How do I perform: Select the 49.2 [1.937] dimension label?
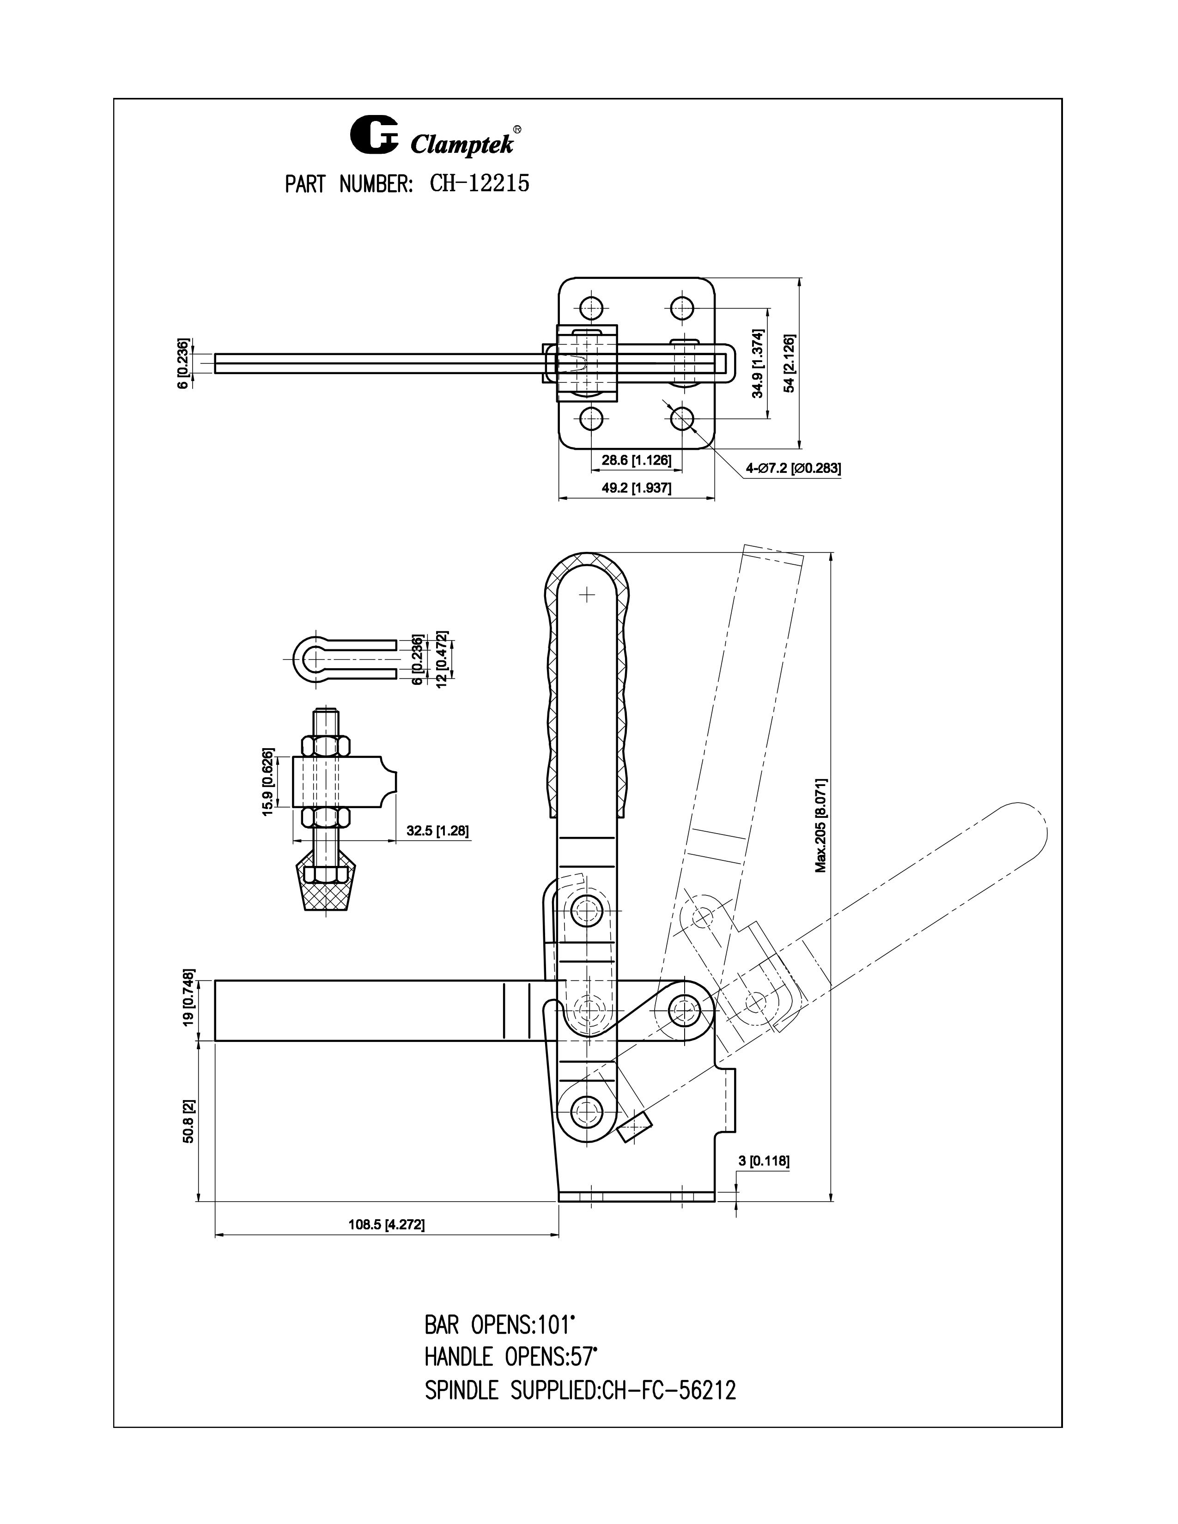pyautogui.click(x=637, y=488)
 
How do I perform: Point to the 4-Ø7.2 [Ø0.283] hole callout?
pyautogui.click(x=793, y=468)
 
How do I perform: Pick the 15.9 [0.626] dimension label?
pyautogui.click(x=268, y=782)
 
